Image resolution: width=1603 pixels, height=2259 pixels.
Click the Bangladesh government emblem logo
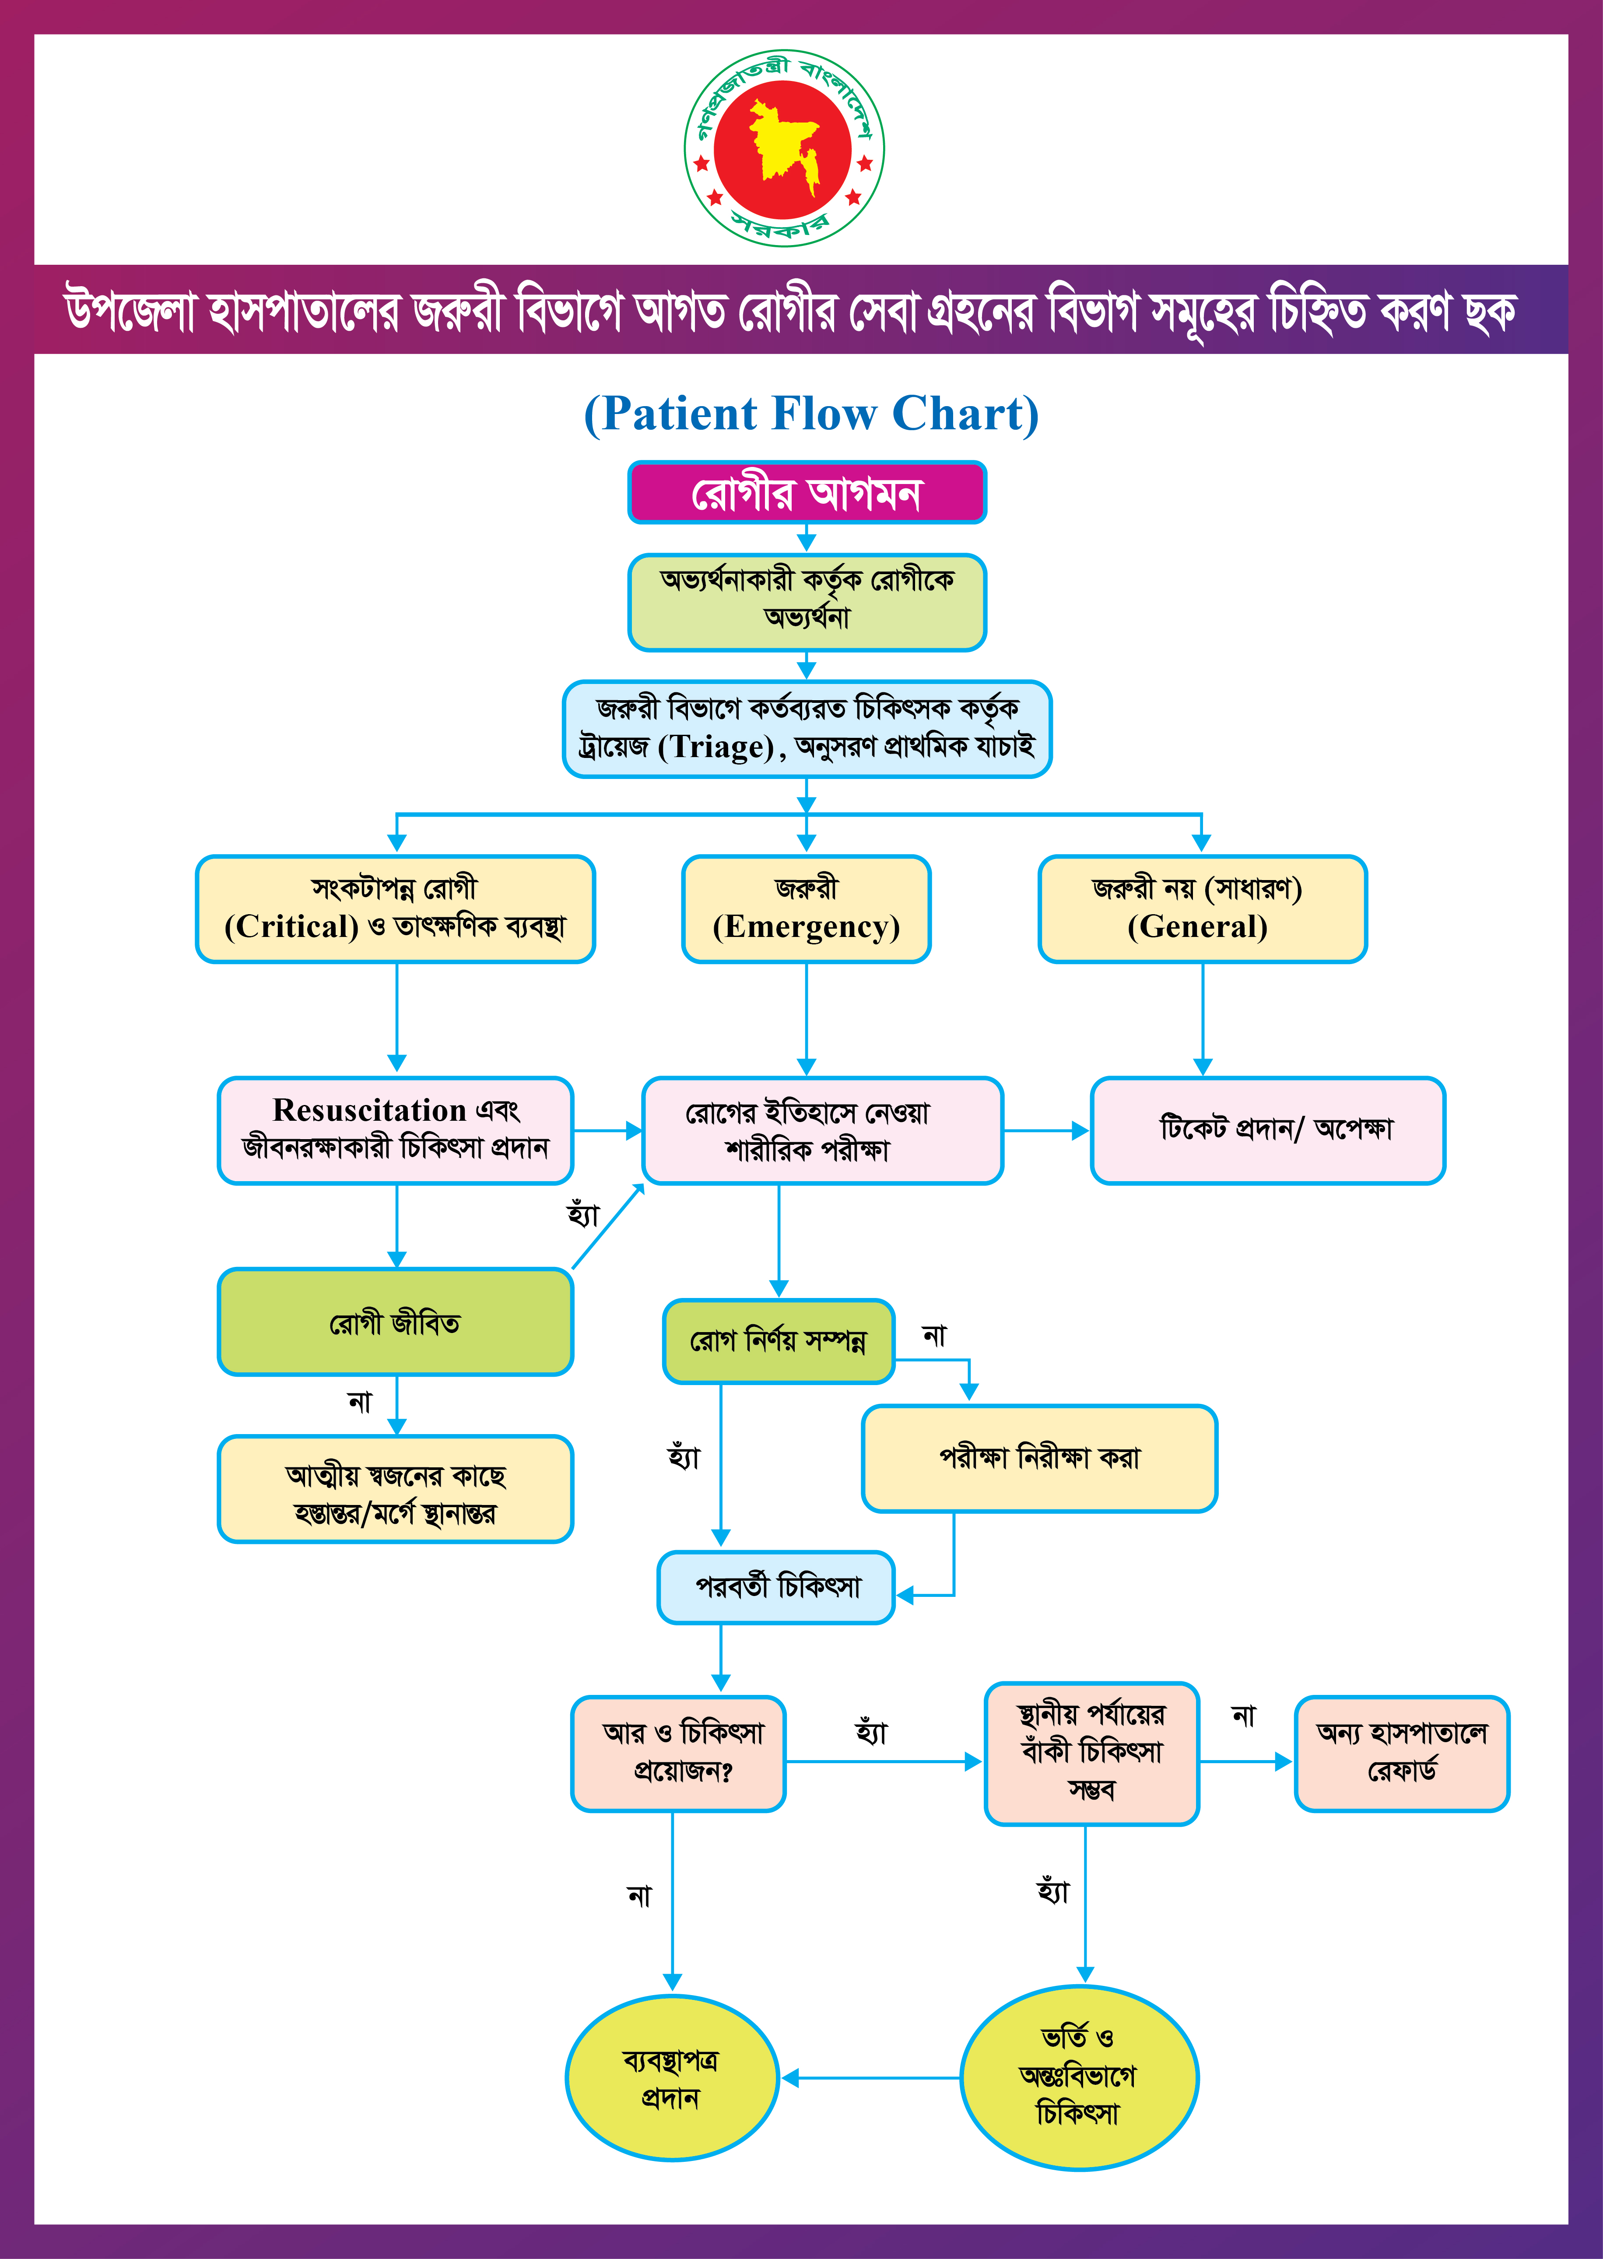tap(785, 148)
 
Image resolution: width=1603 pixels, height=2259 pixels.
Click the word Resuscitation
tap(369, 1110)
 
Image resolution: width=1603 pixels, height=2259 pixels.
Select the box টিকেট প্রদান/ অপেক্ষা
tap(1267, 1130)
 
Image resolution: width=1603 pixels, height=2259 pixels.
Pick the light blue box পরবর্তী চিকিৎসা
tap(776, 1587)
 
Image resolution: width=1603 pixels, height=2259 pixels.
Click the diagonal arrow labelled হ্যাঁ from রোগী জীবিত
tap(607, 1227)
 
